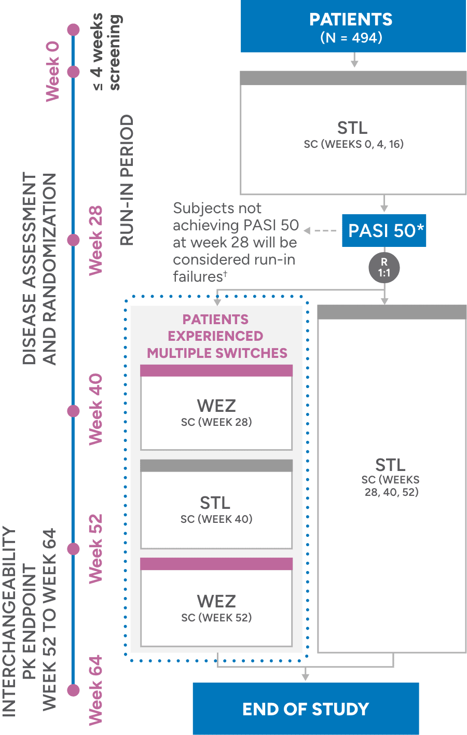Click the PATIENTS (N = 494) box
[x=353, y=27]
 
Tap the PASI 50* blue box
[x=384, y=230]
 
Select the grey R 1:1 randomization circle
[x=384, y=268]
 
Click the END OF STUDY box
[x=306, y=709]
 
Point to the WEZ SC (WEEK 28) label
[x=216, y=413]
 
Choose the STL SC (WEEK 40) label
[x=216, y=509]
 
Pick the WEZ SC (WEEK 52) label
[x=216, y=608]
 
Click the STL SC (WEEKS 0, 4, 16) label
[x=353, y=134]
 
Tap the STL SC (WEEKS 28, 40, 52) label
[x=391, y=477]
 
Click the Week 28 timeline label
[x=95, y=240]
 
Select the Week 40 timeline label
[x=95, y=409]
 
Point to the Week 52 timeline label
[x=95, y=548]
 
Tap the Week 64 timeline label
[x=95, y=690]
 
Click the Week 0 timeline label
[x=52, y=71]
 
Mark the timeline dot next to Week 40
[x=74, y=411]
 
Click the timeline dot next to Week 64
[x=74, y=690]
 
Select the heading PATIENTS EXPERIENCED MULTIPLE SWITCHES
[x=216, y=336]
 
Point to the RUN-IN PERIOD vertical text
[x=127, y=180]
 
